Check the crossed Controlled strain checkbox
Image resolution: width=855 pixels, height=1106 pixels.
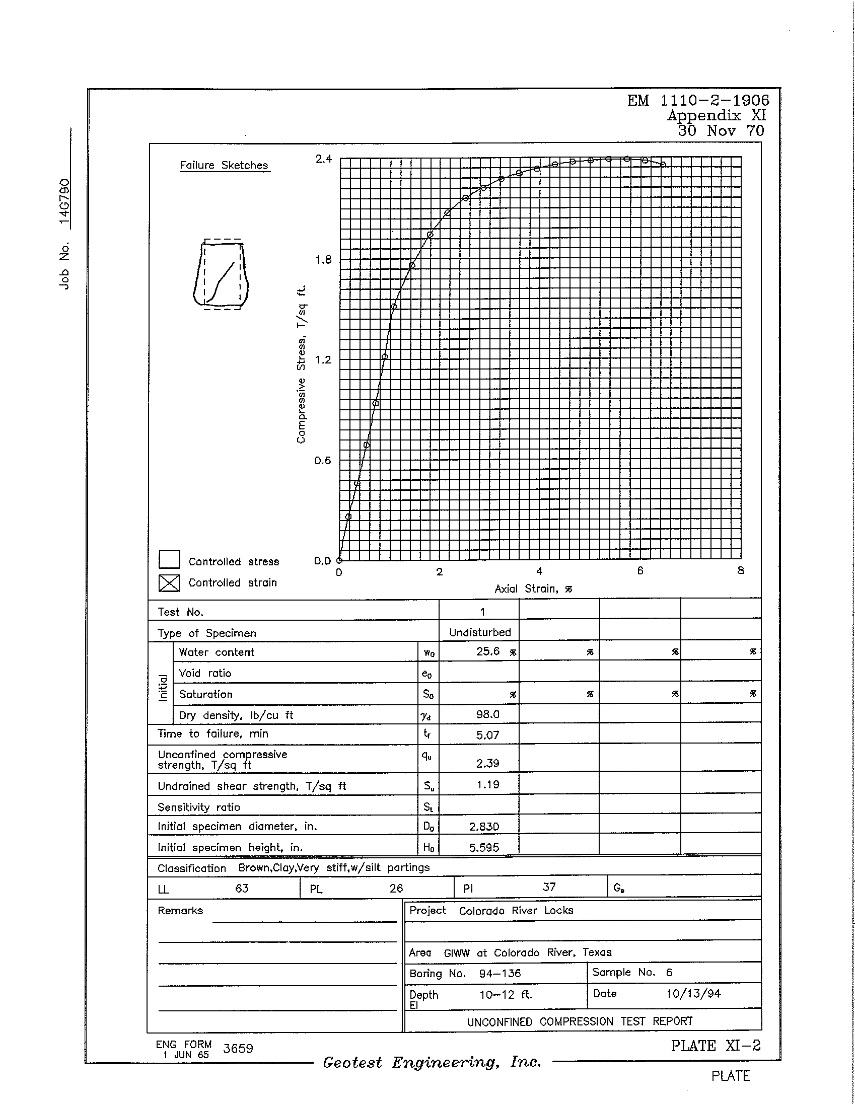pyautogui.click(x=169, y=583)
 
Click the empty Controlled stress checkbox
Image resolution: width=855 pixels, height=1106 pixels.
pyautogui.click(x=169, y=560)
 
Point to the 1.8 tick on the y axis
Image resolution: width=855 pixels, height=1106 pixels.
pyautogui.click(x=323, y=260)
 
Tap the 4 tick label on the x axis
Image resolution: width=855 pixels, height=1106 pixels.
pyautogui.click(x=539, y=571)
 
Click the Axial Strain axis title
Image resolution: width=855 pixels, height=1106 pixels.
pyautogui.click(x=533, y=589)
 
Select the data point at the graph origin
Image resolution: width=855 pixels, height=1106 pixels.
pyautogui.click(x=339, y=561)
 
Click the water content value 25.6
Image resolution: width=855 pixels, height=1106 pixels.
pyautogui.click(x=488, y=651)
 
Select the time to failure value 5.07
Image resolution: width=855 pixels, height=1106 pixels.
pyautogui.click(x=487, y=735)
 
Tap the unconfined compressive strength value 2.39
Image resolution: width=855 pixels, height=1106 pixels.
pyautogui.click(x=487, y=763)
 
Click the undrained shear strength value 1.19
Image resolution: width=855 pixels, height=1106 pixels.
pyautogui.click(x=487, y=785)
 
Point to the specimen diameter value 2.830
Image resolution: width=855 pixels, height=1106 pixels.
pyautogui.click(x=484, y=827)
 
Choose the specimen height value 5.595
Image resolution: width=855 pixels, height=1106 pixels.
pyautogui.click(x=484, y=848)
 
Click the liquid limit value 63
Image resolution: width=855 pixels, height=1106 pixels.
pyautogui.click(x=242, y=888)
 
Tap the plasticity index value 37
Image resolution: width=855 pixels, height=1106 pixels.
pyautogui.click(x=549, y=887)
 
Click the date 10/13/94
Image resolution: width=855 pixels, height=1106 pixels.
pyautogui.click(x=693, y=994)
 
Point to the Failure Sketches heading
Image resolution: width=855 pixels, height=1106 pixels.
pyautogui.click(x=224, y=166)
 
